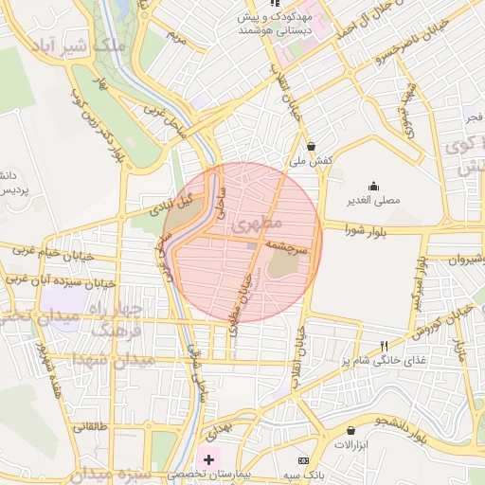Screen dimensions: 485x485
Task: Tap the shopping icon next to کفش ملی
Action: [x=312, y=146]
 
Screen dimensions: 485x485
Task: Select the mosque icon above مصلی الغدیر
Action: [x=372, y=186]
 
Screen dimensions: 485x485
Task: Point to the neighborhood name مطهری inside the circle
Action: [x=262, y=224]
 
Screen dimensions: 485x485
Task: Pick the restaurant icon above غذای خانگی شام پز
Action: [x=384, y=346]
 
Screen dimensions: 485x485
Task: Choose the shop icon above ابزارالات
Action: [x=351, y=430]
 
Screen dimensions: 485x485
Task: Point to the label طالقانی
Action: [x=92, y=427]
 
